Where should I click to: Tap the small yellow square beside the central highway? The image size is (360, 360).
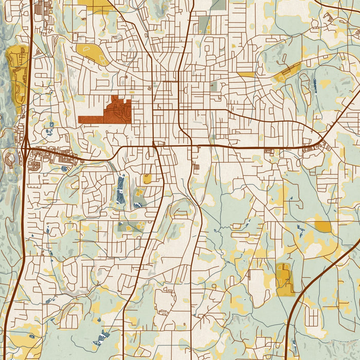click(x=148, y=179)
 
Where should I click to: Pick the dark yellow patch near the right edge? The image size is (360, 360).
click(x=323, y=226)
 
